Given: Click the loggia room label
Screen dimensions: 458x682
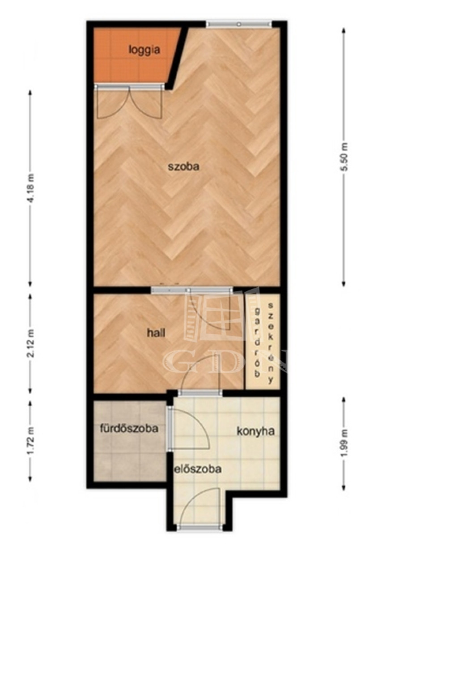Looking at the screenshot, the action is coord(144,50).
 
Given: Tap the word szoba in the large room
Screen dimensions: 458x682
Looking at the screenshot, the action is coord(183,166).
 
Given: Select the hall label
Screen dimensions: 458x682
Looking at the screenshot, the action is coord(156,333).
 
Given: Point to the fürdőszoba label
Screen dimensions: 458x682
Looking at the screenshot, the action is coord(129,428).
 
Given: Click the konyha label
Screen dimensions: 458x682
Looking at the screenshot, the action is coord(256,431).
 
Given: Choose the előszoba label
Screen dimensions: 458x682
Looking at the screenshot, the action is coord(197,469).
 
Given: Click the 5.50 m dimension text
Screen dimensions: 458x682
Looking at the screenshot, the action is coord(344,157).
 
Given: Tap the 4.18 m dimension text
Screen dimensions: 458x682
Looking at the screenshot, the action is coord(31,188).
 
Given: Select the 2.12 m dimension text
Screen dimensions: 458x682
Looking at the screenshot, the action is coord(31,343).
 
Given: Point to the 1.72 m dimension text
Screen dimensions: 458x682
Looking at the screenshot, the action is coord(31,440).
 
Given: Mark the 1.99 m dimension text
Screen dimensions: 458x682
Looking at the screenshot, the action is coord(344,443).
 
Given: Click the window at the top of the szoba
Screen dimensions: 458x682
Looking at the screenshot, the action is coord(239,24).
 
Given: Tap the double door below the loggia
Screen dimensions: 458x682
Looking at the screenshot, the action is coord(129,102).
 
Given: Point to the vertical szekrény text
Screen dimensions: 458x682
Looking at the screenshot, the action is coord(271,343).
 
